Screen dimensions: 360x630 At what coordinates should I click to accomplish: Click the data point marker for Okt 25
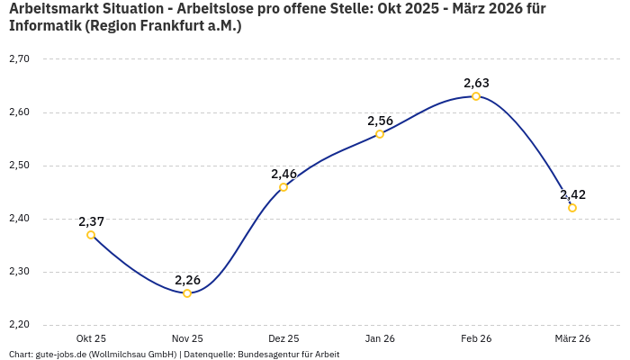[91, 235]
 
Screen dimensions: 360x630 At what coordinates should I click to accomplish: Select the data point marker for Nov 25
[187, 293]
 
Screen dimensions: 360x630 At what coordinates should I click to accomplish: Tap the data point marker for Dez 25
[283, 187]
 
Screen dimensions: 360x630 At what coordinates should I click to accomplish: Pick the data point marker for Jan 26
[380, 134]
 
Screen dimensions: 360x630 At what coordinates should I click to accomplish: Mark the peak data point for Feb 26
[476, 96]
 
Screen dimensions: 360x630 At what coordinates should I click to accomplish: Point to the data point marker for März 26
[572, 208]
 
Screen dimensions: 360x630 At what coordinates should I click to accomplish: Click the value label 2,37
[91, 221]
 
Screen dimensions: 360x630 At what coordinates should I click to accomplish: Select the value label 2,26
[187, 280]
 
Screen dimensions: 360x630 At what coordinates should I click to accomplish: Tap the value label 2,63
[476, 83]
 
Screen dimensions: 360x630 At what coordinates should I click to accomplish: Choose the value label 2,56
[380, 121]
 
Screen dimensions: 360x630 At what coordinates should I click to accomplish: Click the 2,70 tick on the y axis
[19, 59]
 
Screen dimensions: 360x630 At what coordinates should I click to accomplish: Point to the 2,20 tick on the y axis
[19, 325]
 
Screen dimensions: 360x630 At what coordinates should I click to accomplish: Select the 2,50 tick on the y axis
[19, 166]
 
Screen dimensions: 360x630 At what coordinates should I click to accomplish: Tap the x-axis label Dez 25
[283, 338]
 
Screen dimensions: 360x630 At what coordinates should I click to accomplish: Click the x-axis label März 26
[572, 338]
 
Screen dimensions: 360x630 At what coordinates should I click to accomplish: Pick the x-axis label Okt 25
[91, 338]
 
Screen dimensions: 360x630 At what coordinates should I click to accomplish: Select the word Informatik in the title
[44, 26]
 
